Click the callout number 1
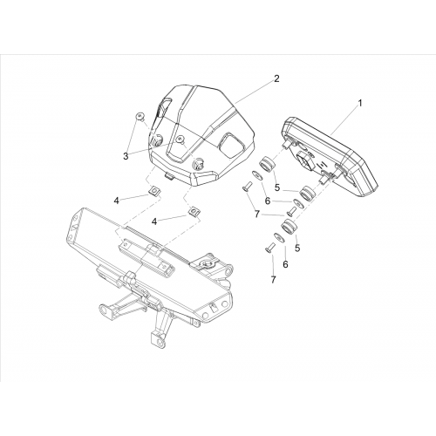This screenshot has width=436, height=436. click(x=360, y=103)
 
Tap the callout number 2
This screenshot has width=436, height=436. click(x=276, y=78)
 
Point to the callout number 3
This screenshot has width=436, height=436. click(x=126, y=156)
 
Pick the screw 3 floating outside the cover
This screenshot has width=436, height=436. click(x=141, y=117)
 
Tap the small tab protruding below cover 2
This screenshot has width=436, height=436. click(x=168, y=176)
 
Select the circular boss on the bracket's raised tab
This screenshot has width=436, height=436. click(x=208, y=264)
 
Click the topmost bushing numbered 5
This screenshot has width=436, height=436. click(x=267, y=164)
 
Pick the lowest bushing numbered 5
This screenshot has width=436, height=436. click(x=289, y=227)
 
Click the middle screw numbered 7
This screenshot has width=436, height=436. click(x=291, y=209)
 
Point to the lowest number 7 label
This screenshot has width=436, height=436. click(x=273, y=280)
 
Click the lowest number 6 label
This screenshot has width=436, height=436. click(x=285, y=264)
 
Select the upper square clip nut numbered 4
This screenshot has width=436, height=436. click(x=151, y=191)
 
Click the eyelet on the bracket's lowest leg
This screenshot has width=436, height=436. click(x=158, y=337)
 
